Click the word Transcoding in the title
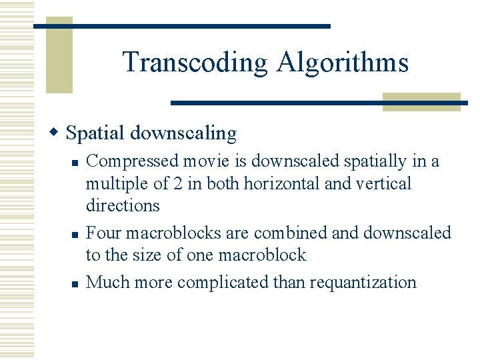pyautogui.click(x=195, y=63)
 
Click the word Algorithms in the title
pyautogui.click(x=342, y=63)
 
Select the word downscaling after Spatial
pyautogui.click(x=183, y=133)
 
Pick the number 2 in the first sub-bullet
pyautogui.click(x=177, y=183)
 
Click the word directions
pyautogui.click(x=123, y=205)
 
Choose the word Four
pyautogui.click(x=102, y=233)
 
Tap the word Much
pyautogui.click(x=108, y=282)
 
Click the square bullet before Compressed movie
pyautogui.click(x=75, y=162)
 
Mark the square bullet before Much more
pyautogui.click(x=75, y=283)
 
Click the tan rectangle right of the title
pyautogui.click(x=421, y=101)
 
